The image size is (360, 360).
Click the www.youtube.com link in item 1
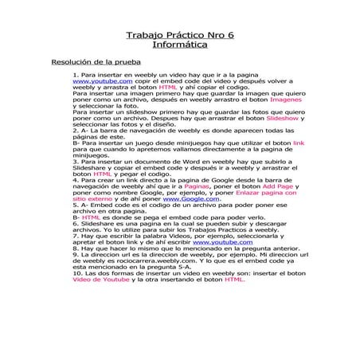102,81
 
